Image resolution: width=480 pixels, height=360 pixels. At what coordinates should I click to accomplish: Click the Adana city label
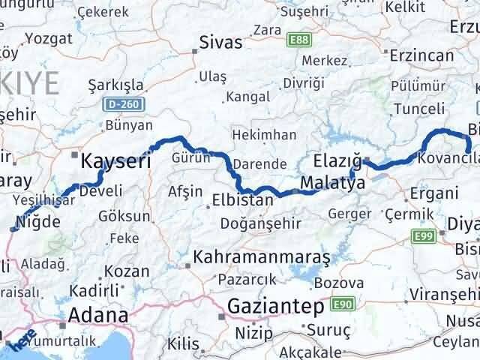click(97, 315)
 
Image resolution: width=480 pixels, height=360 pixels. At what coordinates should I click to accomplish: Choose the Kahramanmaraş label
click(261, 257)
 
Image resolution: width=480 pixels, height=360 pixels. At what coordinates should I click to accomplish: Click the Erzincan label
click(422, 55)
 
